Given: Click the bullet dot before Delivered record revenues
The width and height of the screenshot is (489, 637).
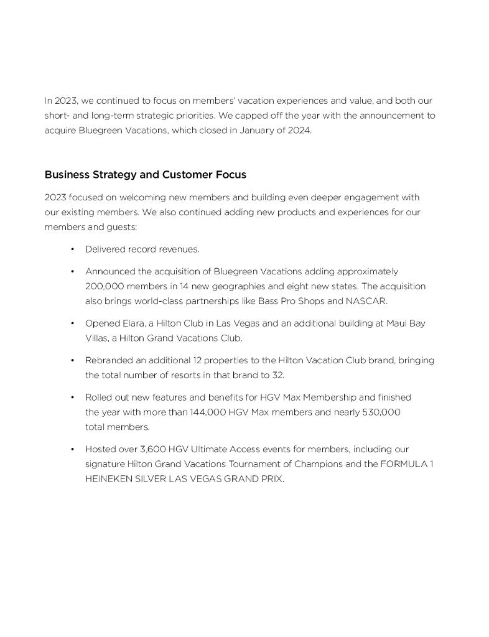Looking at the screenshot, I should click(73, 249).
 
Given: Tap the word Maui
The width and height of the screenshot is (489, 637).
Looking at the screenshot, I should click(394, 323).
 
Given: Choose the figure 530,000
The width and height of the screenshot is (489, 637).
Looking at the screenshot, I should click(380, 412).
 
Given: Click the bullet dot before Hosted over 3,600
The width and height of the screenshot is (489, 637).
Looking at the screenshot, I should click(73, 449).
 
